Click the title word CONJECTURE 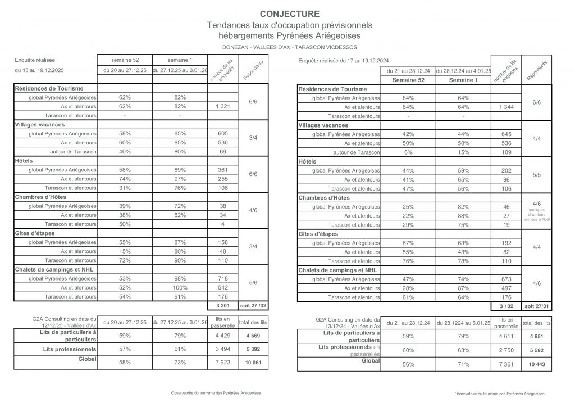[289, 14]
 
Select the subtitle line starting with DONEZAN [289, 47]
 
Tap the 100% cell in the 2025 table [180, 288]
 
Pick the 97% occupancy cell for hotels [180, 179]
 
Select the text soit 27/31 [537, 306]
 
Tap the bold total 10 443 [537, 364]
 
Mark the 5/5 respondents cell [537, 175]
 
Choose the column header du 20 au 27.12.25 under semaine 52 [125, 71]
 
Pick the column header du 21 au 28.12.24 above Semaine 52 [408, 71]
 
